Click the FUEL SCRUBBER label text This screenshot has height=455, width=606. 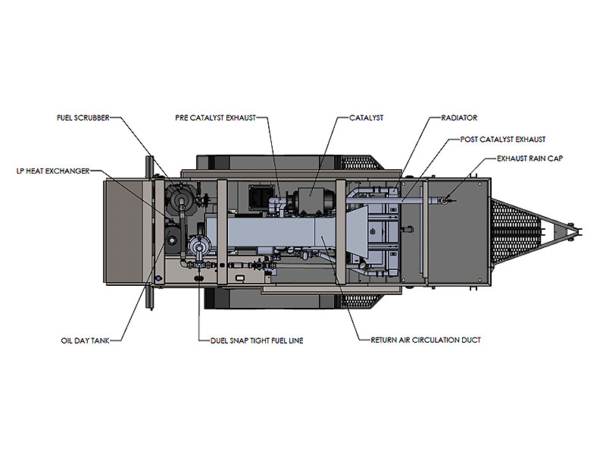click(x=83, y=118)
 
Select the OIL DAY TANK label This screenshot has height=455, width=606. click(x=85, y=340)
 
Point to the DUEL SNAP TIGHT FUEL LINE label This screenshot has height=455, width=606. click(x=256, y=340)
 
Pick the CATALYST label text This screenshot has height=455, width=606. click(x=367, y=118)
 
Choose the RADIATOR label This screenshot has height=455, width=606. click(x=459, y=118)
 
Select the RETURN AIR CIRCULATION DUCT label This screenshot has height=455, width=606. click(x=426, y=340)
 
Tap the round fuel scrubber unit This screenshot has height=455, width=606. click(x=180, y=199)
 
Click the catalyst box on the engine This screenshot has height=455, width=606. click(x=313, y=200)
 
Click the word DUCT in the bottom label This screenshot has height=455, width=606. click(x=470, y=340)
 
